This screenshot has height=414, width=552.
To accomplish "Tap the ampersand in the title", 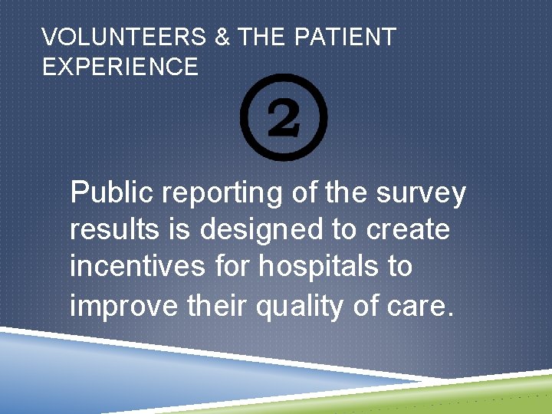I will pyautogui.click(x=222, y=38).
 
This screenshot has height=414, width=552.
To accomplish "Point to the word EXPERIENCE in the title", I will pyautogui.click(x=120, y=67).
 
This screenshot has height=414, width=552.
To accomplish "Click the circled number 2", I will pyautogui.click(x=284, y=117).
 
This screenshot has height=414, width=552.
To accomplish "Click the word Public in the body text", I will pyautogui.click(x=111, y=193).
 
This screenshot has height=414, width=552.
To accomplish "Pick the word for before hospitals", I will pyautogui.click(x=234, y=267).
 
